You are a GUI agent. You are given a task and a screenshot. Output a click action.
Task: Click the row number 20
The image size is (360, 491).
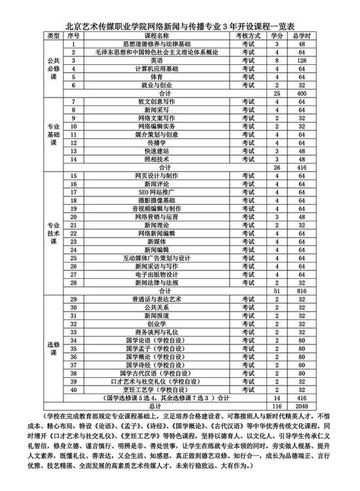click(74, 216)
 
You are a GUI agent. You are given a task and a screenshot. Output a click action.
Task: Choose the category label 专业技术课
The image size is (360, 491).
click(54, 232)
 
